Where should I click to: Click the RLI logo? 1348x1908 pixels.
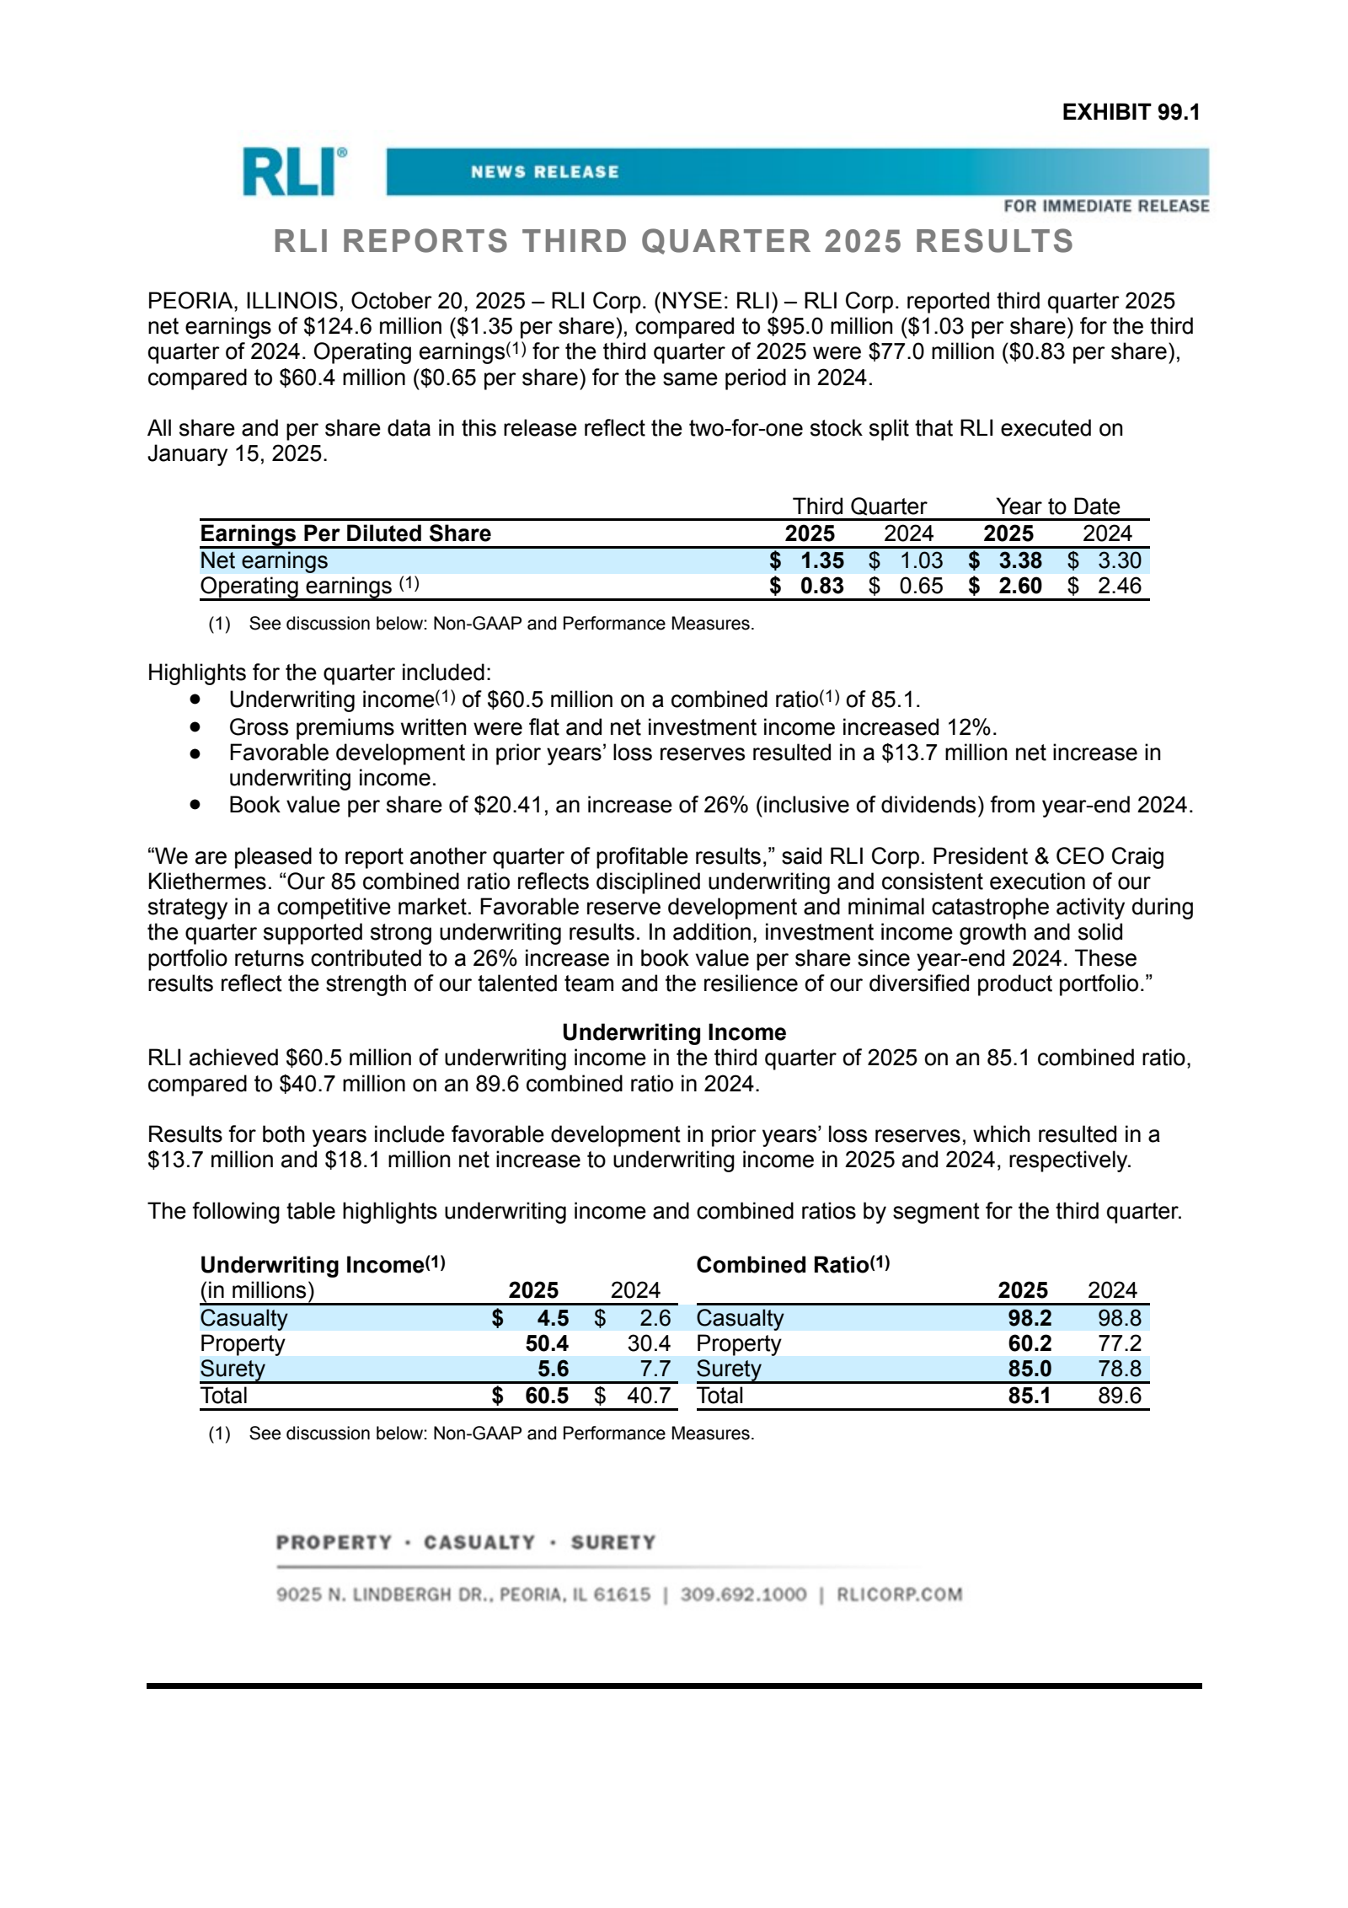pos(294,172)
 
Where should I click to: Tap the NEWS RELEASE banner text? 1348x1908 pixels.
pos(544,172)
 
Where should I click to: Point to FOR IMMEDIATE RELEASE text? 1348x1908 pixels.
pos(1105,206)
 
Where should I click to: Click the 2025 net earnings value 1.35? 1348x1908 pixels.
pos(821,560)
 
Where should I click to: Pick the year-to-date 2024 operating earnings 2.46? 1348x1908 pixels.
pos(1118,586)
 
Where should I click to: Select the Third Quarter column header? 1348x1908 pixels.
pos(859,506)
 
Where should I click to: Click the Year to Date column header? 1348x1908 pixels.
pos(1057,506)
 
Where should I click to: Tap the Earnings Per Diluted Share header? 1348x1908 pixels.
pos(345,533)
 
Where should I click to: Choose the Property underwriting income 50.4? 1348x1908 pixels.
pos(547,1343)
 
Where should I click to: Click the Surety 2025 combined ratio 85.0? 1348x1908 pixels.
pos(1029,1369)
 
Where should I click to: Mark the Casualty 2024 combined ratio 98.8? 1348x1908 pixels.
pos(1118,1318)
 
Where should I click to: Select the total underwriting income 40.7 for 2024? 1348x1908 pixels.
pos(648,1396)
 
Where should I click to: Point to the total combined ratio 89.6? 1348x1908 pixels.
pos(1118,1396)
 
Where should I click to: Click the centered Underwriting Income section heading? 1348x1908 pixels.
pos(674,1032)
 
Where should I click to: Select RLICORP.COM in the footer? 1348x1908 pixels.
pos(899,1594)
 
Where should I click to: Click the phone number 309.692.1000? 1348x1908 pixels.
pos(743,1594)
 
